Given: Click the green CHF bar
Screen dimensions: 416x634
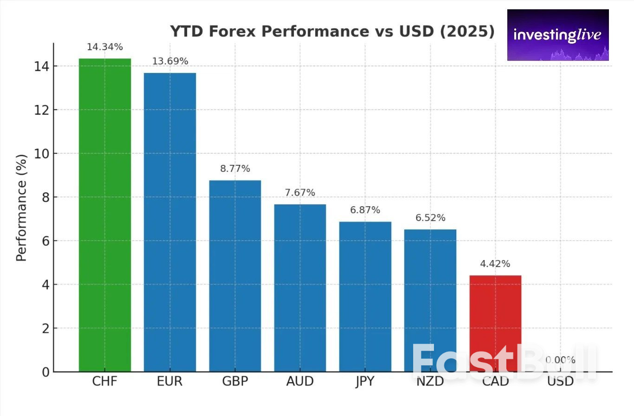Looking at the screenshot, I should tap(105, 215).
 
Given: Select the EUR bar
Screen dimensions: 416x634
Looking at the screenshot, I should tap(170, 222).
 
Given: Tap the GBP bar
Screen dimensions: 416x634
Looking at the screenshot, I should tap(235, 276).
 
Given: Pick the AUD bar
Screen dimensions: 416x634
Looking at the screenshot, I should tap(300, 288).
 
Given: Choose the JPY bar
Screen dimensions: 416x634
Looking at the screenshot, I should tap(365, 296).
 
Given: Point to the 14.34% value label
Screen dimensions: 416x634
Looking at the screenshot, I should tap(105, 47).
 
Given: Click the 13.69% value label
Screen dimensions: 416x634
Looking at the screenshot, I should tap(170, 61).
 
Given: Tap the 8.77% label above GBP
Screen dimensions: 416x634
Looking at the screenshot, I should tap(235, 169).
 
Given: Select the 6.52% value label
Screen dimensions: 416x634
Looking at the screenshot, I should tap(430, 218).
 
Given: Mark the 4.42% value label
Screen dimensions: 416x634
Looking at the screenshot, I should tap(495, 264).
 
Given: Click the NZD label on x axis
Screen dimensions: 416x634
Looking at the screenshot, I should tap(430, 382).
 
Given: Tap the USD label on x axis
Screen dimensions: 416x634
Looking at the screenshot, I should tap(560, 382).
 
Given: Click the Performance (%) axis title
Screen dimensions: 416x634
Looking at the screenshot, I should tap(21, 208).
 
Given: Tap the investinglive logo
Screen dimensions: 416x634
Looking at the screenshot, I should tap(557, 35).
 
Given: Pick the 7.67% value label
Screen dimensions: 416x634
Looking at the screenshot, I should tap(300, 192).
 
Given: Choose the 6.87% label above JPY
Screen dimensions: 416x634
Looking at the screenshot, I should tap(365, 210).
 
